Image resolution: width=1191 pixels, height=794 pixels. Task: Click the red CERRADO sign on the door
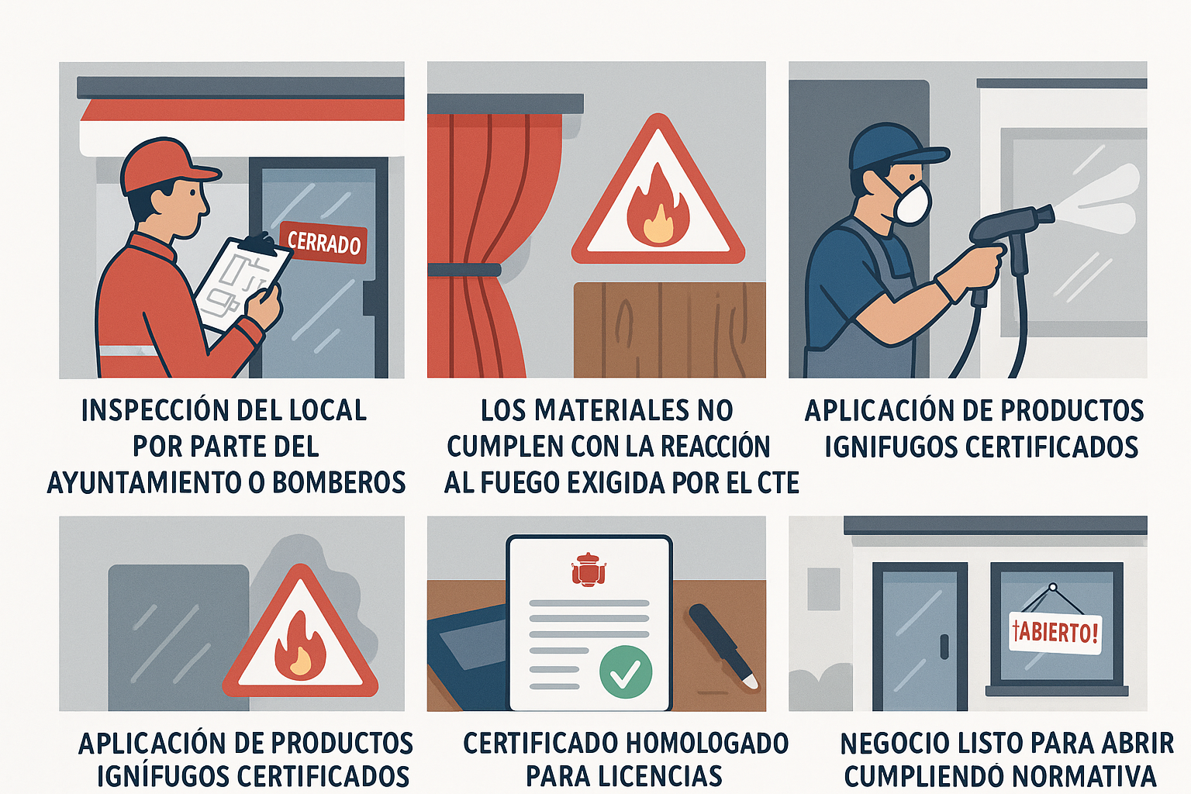click(x=323, y=242)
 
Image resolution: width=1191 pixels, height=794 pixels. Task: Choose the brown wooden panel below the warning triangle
click(x=669, y=330)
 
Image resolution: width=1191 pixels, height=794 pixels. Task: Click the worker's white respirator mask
click(x=912, y=202)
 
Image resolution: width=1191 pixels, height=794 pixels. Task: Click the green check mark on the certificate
click(x=625, y=671)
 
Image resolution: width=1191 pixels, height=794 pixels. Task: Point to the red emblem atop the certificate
click(x=589, y=570)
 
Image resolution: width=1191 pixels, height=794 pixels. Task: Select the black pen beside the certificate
click(x=722, y=644)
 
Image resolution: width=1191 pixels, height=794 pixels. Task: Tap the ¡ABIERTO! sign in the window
click(x=1055, y=632)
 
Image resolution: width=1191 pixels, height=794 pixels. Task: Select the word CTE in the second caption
click(x=778, y=482)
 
